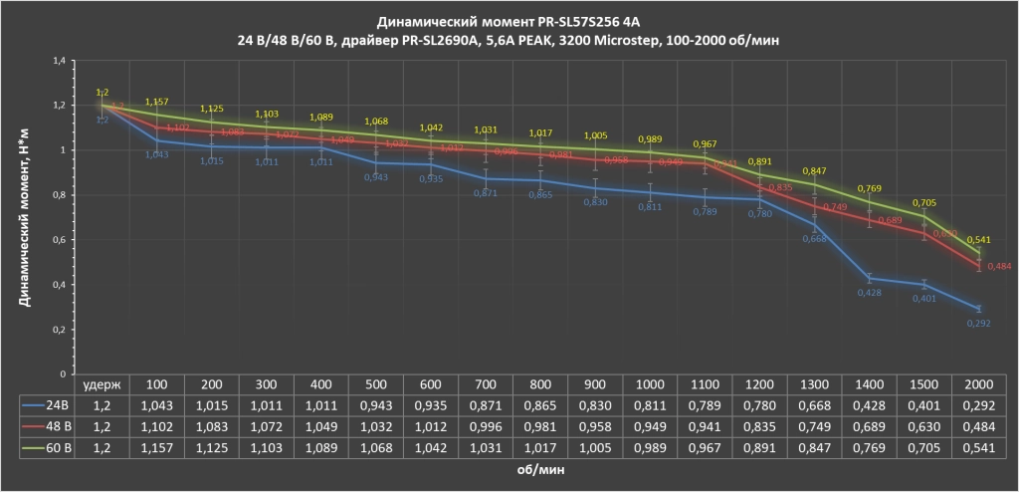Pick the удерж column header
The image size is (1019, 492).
pos(102,383)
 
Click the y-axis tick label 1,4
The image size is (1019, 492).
pos(58,60)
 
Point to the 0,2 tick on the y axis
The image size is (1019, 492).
pos(58,330)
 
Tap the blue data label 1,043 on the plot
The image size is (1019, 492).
pos(156,153)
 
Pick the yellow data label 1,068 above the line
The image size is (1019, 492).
pos(375,122)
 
